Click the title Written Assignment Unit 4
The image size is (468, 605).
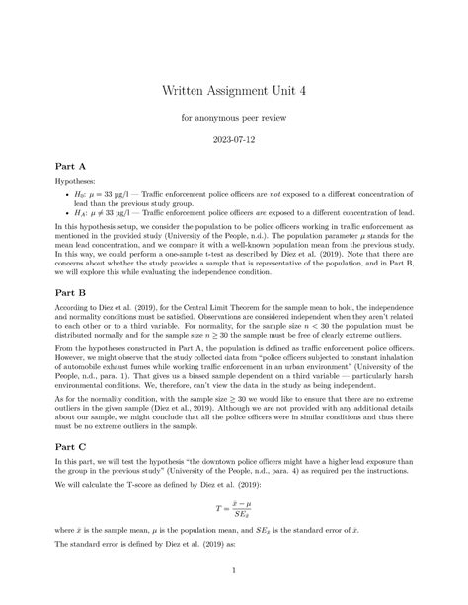click(234, 89)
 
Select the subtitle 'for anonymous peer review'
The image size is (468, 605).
click(234, 119)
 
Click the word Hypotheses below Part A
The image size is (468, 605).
click(80, 184)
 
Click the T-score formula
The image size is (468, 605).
click(234, 513)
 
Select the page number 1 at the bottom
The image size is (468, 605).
click(234, 570)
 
